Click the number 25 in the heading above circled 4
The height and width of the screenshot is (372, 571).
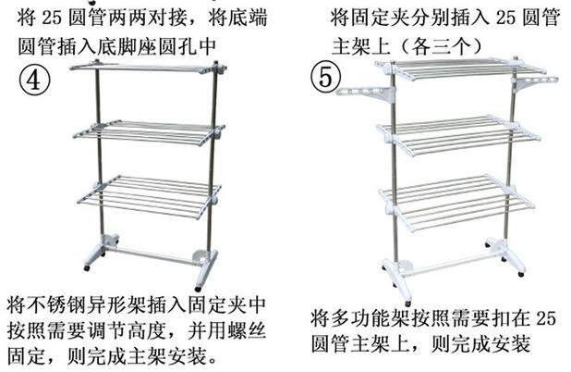(57, 18)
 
